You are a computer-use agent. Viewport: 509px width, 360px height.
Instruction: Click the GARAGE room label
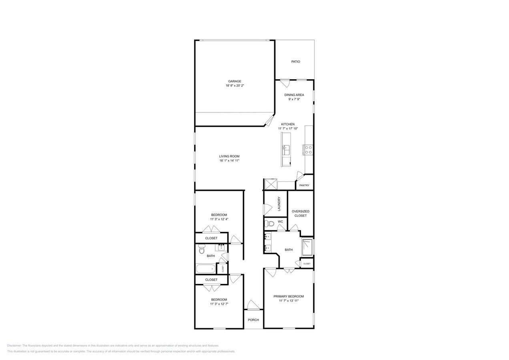click(234, 81)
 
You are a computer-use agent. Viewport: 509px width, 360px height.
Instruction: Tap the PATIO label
click(295, 62)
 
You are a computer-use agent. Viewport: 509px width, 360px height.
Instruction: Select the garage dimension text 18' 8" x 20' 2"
click(234, 86)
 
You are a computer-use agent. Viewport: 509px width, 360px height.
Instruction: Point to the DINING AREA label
click(294, 95)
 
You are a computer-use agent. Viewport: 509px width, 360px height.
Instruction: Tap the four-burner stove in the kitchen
click(309, 150)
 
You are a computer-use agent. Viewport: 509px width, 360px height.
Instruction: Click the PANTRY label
click(304, 185)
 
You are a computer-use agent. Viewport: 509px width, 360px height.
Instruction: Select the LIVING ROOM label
click(229, 156)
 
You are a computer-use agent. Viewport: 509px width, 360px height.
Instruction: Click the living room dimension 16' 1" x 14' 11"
click(229, 161)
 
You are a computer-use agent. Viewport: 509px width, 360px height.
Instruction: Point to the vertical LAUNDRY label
click(279, 204)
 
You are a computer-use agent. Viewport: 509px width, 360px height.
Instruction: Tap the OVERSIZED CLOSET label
click(301, 213)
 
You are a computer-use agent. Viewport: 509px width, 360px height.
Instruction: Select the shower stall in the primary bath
click(307, 247)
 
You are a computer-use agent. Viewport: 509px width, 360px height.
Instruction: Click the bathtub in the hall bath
click(206, 269)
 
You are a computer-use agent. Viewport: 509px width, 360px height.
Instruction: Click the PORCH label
click(253, 320)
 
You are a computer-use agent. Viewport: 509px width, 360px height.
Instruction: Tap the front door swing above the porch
click(253, 305)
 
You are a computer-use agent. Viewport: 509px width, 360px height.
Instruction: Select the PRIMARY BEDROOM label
click(289, 296)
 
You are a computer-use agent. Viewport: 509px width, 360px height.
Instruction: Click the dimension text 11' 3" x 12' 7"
click(219, 304)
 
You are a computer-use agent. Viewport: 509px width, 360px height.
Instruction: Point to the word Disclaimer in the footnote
click(14, 346)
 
